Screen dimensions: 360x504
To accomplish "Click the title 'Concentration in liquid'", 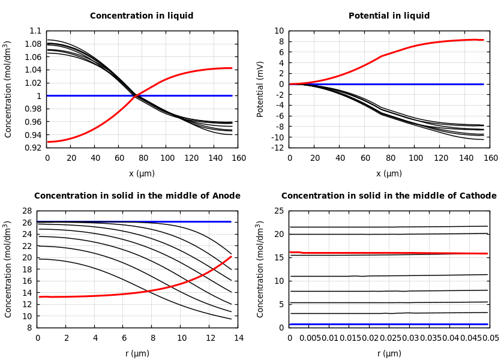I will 142,16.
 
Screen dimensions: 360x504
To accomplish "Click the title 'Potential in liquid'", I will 389,16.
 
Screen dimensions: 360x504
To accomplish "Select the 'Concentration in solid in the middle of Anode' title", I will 137,196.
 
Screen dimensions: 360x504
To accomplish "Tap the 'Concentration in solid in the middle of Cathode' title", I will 389,196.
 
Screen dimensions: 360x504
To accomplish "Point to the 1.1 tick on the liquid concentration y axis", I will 35,31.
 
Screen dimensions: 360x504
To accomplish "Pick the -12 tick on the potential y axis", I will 277,148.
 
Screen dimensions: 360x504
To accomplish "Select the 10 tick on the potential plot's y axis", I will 279,31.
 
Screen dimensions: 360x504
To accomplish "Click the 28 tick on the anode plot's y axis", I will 26,211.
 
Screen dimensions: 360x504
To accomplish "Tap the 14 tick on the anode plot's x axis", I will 238,338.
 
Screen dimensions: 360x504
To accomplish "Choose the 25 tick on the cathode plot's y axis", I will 278,211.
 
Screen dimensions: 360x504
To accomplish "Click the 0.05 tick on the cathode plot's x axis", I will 490,338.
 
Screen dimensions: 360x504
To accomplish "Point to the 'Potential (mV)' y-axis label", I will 260,89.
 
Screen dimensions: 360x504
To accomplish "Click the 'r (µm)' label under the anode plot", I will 137,353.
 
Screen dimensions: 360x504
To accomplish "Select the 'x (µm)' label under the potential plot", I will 389,173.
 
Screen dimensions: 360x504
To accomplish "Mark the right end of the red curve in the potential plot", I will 483,40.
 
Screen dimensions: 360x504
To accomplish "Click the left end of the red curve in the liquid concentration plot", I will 47,142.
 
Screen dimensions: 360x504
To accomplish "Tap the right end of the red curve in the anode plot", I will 231,257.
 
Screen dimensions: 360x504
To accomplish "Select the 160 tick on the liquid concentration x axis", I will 238,158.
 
